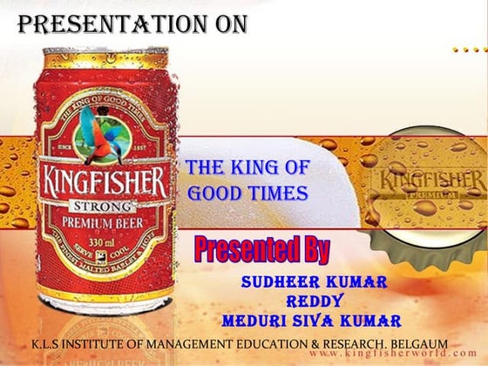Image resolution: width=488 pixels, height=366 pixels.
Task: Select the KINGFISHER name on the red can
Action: [102, 183]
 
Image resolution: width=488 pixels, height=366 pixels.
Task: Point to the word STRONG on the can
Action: [102, 207]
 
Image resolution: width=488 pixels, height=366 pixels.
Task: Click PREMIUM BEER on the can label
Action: [102, 222]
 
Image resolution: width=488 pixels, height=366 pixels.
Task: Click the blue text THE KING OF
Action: [247, 168]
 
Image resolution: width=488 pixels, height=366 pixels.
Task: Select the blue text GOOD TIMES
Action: [247, 193]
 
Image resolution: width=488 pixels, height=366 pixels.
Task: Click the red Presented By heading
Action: [261, 250]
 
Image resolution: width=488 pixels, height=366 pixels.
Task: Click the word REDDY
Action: [311, 301]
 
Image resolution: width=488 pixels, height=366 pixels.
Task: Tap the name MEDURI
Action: [256, 319]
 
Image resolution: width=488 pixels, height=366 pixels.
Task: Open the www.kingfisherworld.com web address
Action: [383, 356]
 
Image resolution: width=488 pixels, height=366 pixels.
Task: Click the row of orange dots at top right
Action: [468, 51]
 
